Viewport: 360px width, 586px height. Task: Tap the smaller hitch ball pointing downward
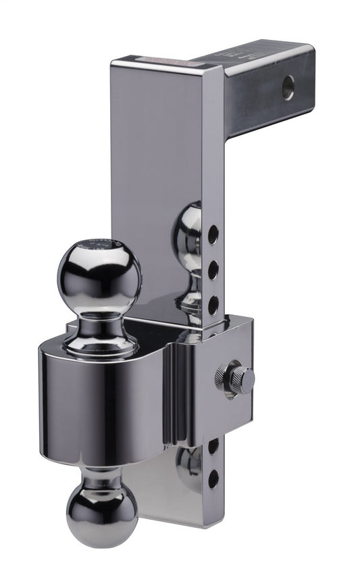102,516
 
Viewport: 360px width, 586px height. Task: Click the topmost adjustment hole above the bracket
213,235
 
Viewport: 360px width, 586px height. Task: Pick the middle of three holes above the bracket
213,271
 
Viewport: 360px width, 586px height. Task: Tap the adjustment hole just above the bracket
213,305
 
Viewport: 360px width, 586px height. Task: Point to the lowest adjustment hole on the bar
213,479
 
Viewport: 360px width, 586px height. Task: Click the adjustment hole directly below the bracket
213,447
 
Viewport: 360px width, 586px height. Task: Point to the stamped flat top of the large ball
99,244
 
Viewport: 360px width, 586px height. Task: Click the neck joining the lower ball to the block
102,477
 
